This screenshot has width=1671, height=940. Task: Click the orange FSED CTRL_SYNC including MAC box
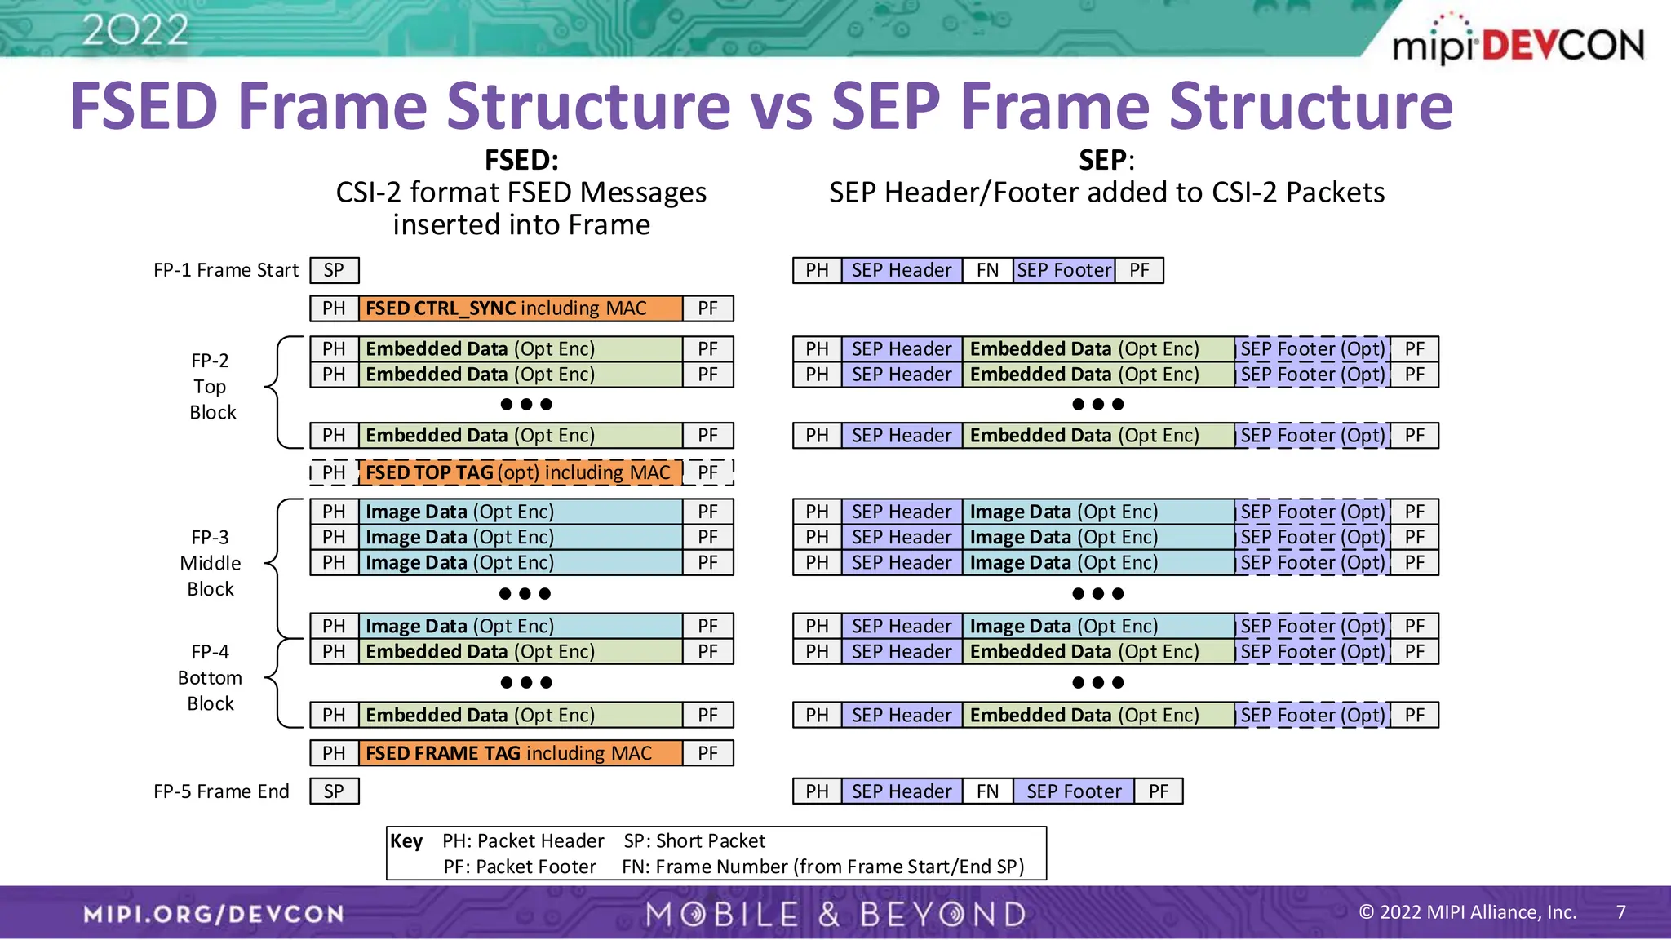click(x=521, y=308)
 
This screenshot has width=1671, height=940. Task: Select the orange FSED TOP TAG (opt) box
click(x=519, y=472)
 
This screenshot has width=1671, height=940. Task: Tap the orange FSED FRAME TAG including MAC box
click(x=521, y=753)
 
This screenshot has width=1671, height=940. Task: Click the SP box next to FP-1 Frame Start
click(x=334, y=270)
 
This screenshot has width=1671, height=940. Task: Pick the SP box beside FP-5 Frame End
click(x=334, y=791)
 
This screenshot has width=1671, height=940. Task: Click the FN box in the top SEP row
click(x=987, y=270)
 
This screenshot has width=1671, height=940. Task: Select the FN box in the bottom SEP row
click(x=987, y=791)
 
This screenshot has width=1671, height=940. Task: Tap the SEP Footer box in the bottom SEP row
click(x=1074, y=791)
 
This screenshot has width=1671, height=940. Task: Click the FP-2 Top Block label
click(x=211, y=387)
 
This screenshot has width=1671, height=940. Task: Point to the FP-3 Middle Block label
click(x=211, y=563)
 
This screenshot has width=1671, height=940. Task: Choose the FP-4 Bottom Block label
click(x=211, y=677)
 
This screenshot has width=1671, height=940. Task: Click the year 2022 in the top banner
click(x=135, y=31)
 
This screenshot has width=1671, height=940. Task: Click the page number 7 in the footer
click(x=1621, y=912)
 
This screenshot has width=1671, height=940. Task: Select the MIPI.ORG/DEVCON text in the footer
click(x=214, y=914)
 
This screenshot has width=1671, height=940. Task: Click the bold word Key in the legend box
click(x=406, y=841)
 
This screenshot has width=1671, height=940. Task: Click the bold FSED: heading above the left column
click(x=521, y=160)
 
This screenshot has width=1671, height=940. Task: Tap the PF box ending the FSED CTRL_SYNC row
click(x=707, y=308)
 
